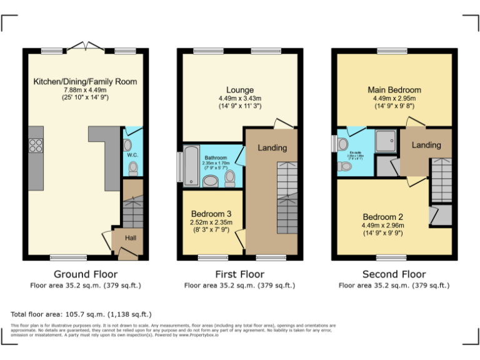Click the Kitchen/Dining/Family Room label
85,81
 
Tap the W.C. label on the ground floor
132,154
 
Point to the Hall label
130,237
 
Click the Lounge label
239,90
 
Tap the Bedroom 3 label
211,213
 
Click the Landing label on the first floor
272,148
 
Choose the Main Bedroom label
394,90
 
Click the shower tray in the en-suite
385,141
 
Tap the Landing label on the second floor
426,145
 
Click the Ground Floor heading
85,274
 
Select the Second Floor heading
394,274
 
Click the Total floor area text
81,314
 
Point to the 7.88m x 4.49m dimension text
85,89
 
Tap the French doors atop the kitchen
85,46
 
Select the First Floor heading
239,274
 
